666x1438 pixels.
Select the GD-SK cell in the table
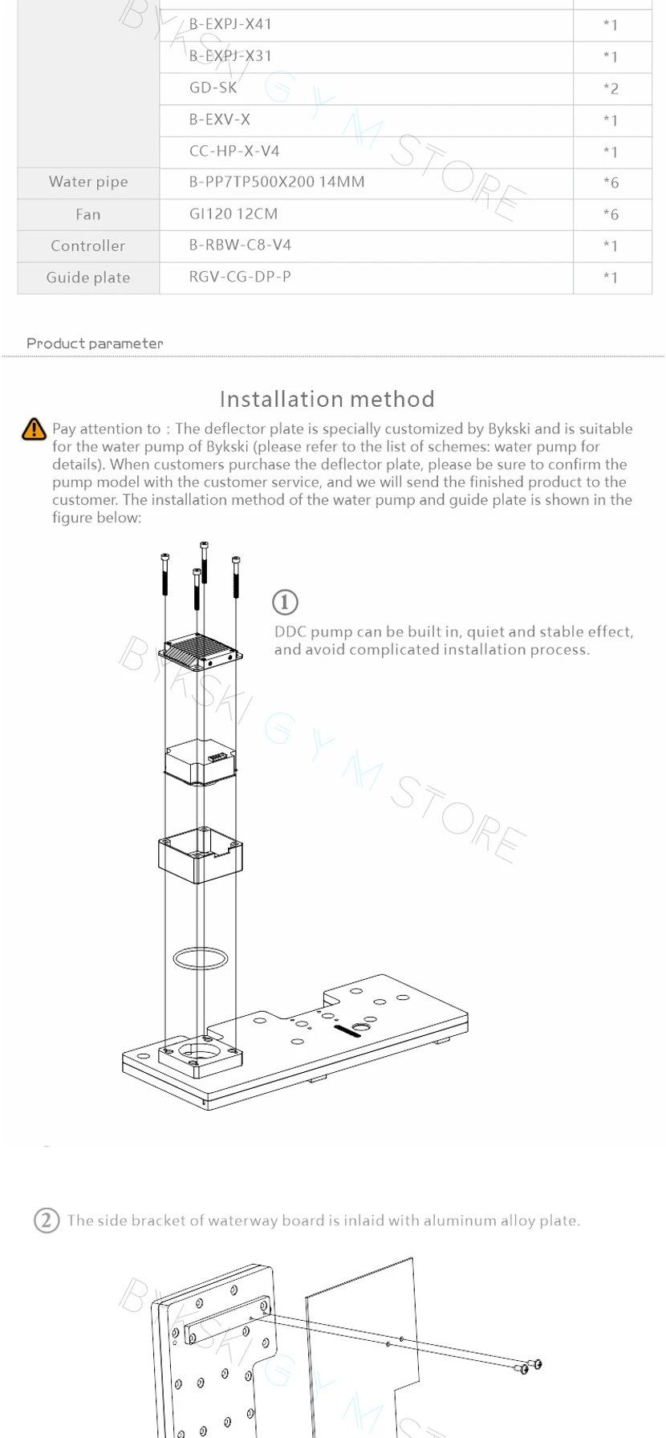coord(213,87)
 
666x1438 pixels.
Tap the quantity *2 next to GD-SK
coord(611,88)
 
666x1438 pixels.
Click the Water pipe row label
coord(88,182)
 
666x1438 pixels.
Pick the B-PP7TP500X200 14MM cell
coord(277,182)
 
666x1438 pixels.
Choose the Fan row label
coord(88,214)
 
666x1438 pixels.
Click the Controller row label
coord(88,246)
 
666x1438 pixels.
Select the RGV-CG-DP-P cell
coord(240,277)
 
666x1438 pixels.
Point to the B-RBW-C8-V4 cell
coord(240,245)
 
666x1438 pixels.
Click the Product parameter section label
coord(95,343)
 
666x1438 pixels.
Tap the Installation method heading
coord(327,399)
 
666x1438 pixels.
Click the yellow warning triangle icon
coord(35,429)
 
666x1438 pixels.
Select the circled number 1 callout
coord(285,602)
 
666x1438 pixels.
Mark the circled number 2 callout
coord(47,1221)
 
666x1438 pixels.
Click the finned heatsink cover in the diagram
coord(201,648)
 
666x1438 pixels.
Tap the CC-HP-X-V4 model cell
coord(234,151)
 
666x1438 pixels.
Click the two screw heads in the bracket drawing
coord(531,1366)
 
